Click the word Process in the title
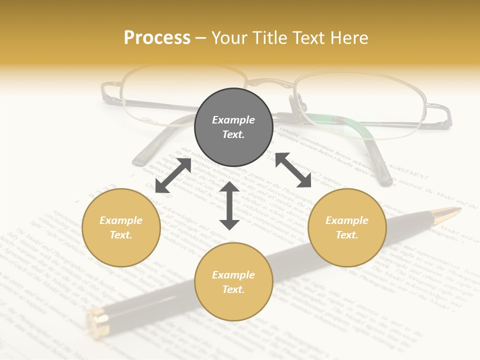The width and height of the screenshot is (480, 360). [157, 38]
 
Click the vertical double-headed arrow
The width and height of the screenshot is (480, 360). [229, 205]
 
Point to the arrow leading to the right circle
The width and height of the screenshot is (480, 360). [293, 170]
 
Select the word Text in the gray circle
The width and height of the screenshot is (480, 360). [233, 134]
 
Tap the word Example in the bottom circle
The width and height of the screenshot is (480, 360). [233, 274]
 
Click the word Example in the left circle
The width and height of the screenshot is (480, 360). [121, 220]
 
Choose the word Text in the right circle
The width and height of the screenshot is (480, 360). [347, 234]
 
